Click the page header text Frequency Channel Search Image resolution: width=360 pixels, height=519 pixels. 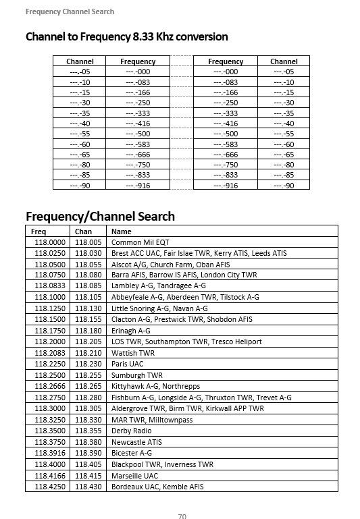70,11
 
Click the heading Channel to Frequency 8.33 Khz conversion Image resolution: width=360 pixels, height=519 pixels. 126,36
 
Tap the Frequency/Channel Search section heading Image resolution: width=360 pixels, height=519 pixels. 100,216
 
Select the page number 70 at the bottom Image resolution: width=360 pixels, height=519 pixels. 182,516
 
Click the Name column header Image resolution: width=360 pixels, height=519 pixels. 121,231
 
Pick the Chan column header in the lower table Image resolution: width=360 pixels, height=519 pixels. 83,231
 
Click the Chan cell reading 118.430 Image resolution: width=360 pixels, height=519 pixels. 88,487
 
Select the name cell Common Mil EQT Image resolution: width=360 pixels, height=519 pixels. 140,242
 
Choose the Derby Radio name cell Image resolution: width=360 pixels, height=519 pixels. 132,431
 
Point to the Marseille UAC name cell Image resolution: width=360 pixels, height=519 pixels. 134,475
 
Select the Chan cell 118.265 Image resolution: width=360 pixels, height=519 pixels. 88,386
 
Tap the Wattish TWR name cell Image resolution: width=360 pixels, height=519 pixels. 133,353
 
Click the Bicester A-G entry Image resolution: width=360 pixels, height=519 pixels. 132,453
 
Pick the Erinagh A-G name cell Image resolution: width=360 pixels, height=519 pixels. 131,331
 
